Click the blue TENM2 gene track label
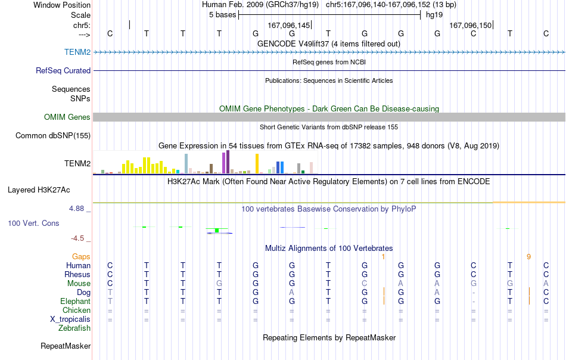pyautogui.click(x=77, y=52)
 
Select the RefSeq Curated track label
pyautogui.click(x=63, y=70)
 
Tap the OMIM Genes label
pyautogui.click(x=67, y=117)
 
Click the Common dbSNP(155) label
pyautogui.click(x=52, y=135)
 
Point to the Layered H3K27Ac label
pyautogui.click(x=39, y=190)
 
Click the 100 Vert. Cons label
pyautogui.click(x=33, y=223)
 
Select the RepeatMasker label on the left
pyautogui.click(x=66, y=346)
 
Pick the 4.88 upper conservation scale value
pyautogui.click(x=76, y=209)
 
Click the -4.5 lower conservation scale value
pyautogui.click(x=77, y=238)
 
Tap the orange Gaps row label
pyautogui.click(x=81, y=256)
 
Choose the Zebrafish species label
pyautogui.click(x=74, y=328)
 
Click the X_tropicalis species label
pyautogui.click(x=70, y=319)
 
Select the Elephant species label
pyautogui.click(x=75, y=301)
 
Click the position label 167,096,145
pyautogui.click(x=289, y=25)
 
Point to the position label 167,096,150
pyautogui.click(x=470, y=25)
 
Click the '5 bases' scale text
pyautogui.click(x=222, y=15)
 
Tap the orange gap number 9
pyautogui.click(x=528, y=257)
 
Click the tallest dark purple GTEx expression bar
pyautogui.click(x=228, y=162)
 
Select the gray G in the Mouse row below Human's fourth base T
pyautogui.click(x=219, y=284)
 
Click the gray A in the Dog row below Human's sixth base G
pyautogui.click(x=292, y=292)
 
